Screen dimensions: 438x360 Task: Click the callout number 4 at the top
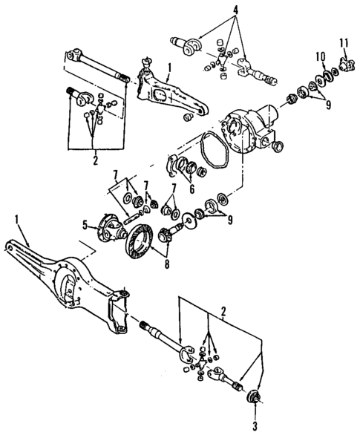tap(235, 10)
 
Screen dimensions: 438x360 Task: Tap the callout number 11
tap(344, 42)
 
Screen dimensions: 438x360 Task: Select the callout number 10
tap(321, 56)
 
